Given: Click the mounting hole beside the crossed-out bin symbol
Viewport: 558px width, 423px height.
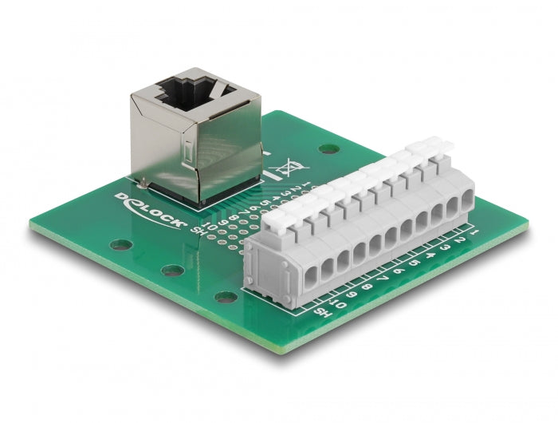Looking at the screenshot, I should pos(326,148).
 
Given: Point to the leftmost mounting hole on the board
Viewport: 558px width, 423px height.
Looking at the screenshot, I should pos(120,247).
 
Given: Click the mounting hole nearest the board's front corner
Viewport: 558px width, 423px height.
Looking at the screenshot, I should pos(226,297).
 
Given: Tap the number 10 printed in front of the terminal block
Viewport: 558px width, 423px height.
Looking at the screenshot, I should pos(339,301).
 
